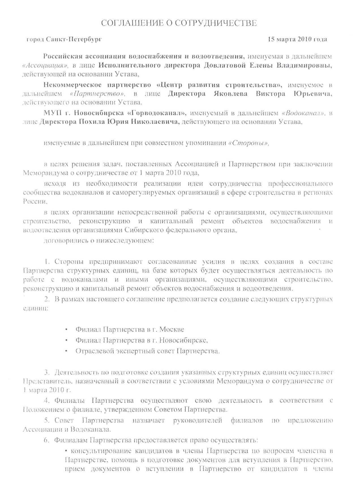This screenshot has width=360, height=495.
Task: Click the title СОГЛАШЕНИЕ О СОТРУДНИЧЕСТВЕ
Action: click(x=179, y=23)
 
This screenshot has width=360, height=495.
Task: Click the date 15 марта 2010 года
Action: click(x=297, y=39)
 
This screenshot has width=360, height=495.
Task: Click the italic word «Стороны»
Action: click(x=248, y=143)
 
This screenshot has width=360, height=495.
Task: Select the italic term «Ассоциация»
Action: click(x=46, y=66)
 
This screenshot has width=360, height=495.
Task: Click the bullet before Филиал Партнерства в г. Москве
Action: click(x=66, y=330)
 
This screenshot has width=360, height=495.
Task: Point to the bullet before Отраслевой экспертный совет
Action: click(x=66, y=351)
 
